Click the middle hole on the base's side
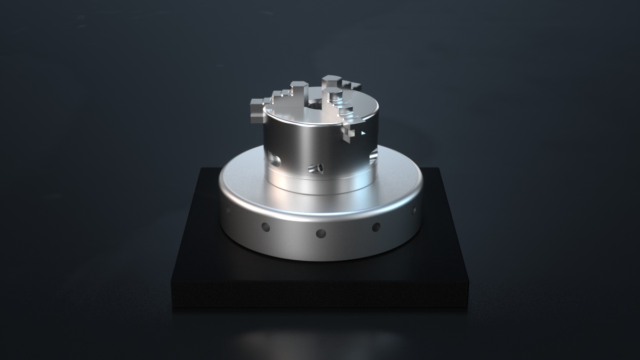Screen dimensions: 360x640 [321, 233]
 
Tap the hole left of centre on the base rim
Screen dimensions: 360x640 [266, 228]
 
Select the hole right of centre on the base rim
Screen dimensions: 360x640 [376, 227]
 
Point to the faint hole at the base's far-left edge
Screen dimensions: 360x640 [229, 210]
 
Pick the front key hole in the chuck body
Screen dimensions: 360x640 [315, 169]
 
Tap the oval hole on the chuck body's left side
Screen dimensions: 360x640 [275, 158]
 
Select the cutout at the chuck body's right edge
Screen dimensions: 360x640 [373, 155]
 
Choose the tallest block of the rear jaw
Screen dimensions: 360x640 [331, 81]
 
